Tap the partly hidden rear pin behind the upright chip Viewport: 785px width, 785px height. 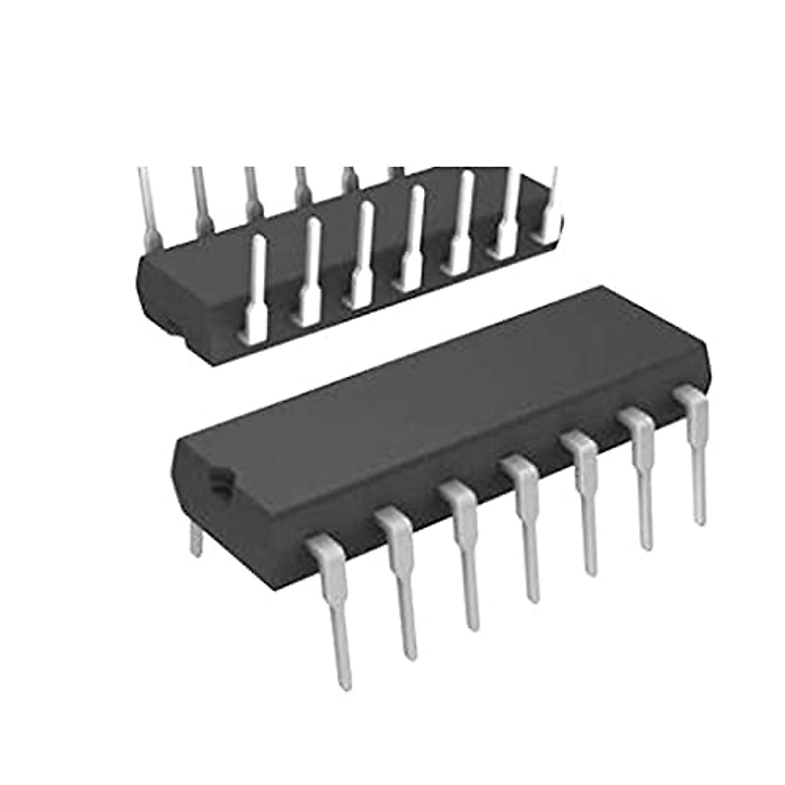coord(195,539)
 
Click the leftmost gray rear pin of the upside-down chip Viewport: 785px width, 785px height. coord(147,203)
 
